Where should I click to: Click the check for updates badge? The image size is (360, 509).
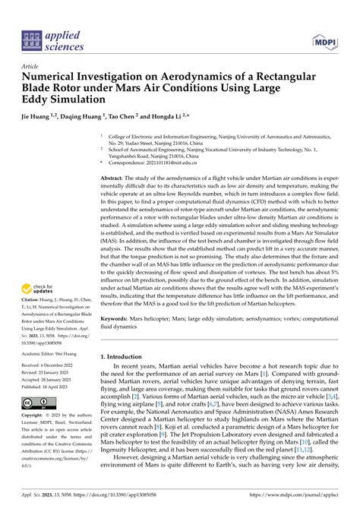click(x=38, y=289)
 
